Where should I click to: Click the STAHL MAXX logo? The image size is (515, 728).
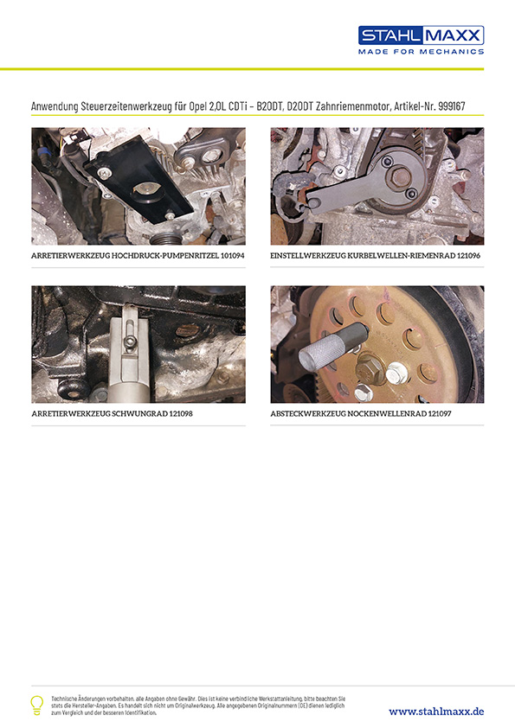pos(421,35)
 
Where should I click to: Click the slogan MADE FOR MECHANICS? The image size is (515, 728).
pos(421,52)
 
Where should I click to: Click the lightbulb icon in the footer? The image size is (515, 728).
pos(36,704)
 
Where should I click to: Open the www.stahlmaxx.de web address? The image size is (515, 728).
pos(436,711)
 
